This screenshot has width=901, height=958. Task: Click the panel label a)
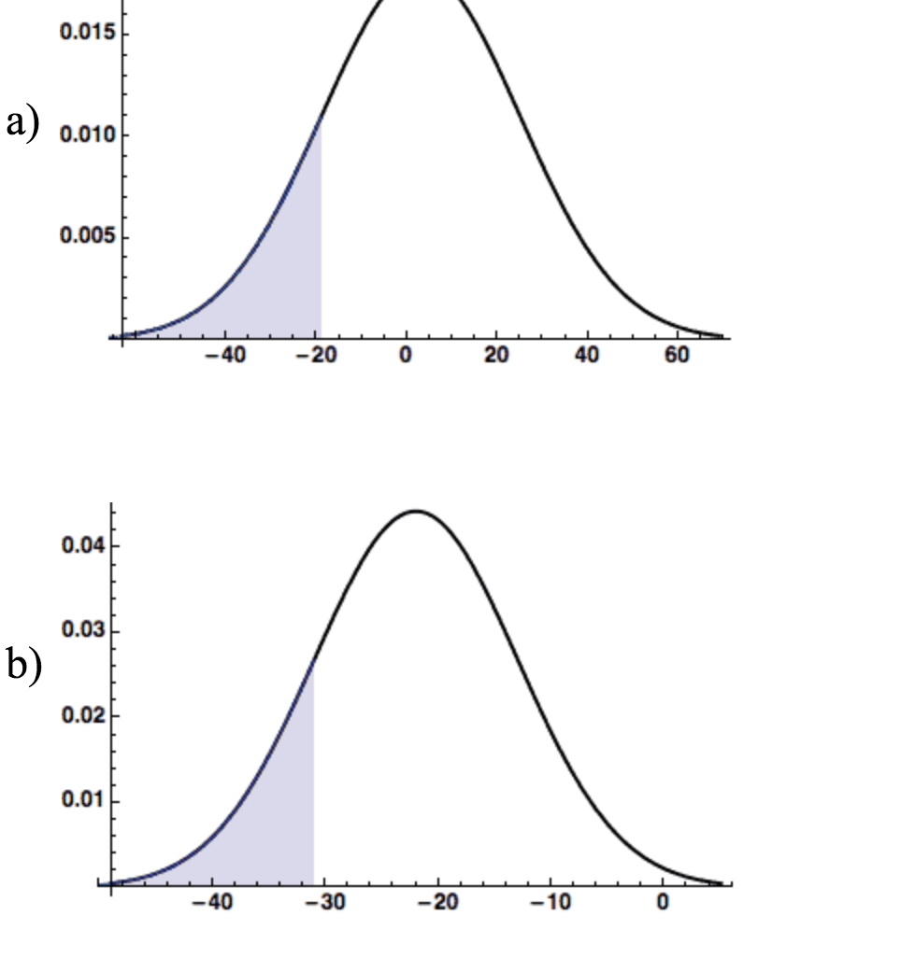(22, 123)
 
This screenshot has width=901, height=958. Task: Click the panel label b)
(24, 665)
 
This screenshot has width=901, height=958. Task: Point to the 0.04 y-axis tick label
(78, 545)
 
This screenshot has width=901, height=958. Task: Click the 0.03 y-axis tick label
(78, 631)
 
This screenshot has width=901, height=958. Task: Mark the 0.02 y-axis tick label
(78, 716)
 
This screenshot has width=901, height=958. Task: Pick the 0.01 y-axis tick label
(78, 801)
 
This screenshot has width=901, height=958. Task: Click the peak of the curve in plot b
(416, 511)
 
